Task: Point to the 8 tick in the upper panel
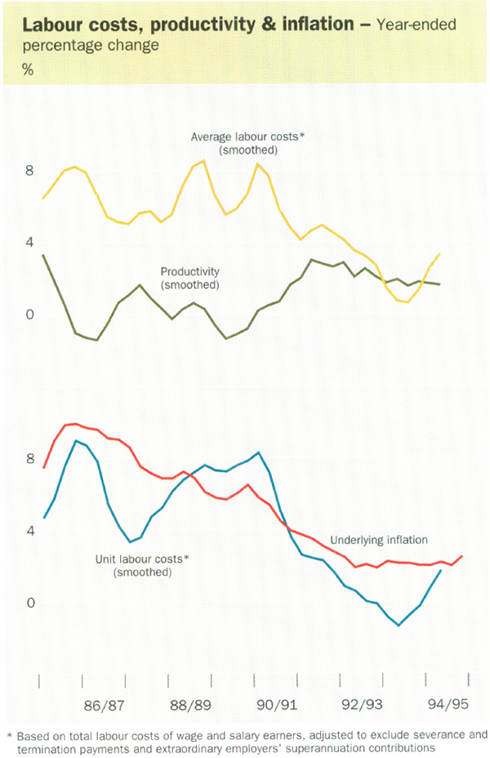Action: [29, 171]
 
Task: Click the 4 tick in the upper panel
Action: [29, 243]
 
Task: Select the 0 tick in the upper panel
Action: [29, 314]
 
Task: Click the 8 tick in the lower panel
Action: [29, 460]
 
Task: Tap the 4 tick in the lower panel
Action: [29, 532]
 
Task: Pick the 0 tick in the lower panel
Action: [29, 604]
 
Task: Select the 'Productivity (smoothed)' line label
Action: [190, 279]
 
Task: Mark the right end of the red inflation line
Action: [462, 556]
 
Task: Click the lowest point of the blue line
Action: [399, 625]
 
